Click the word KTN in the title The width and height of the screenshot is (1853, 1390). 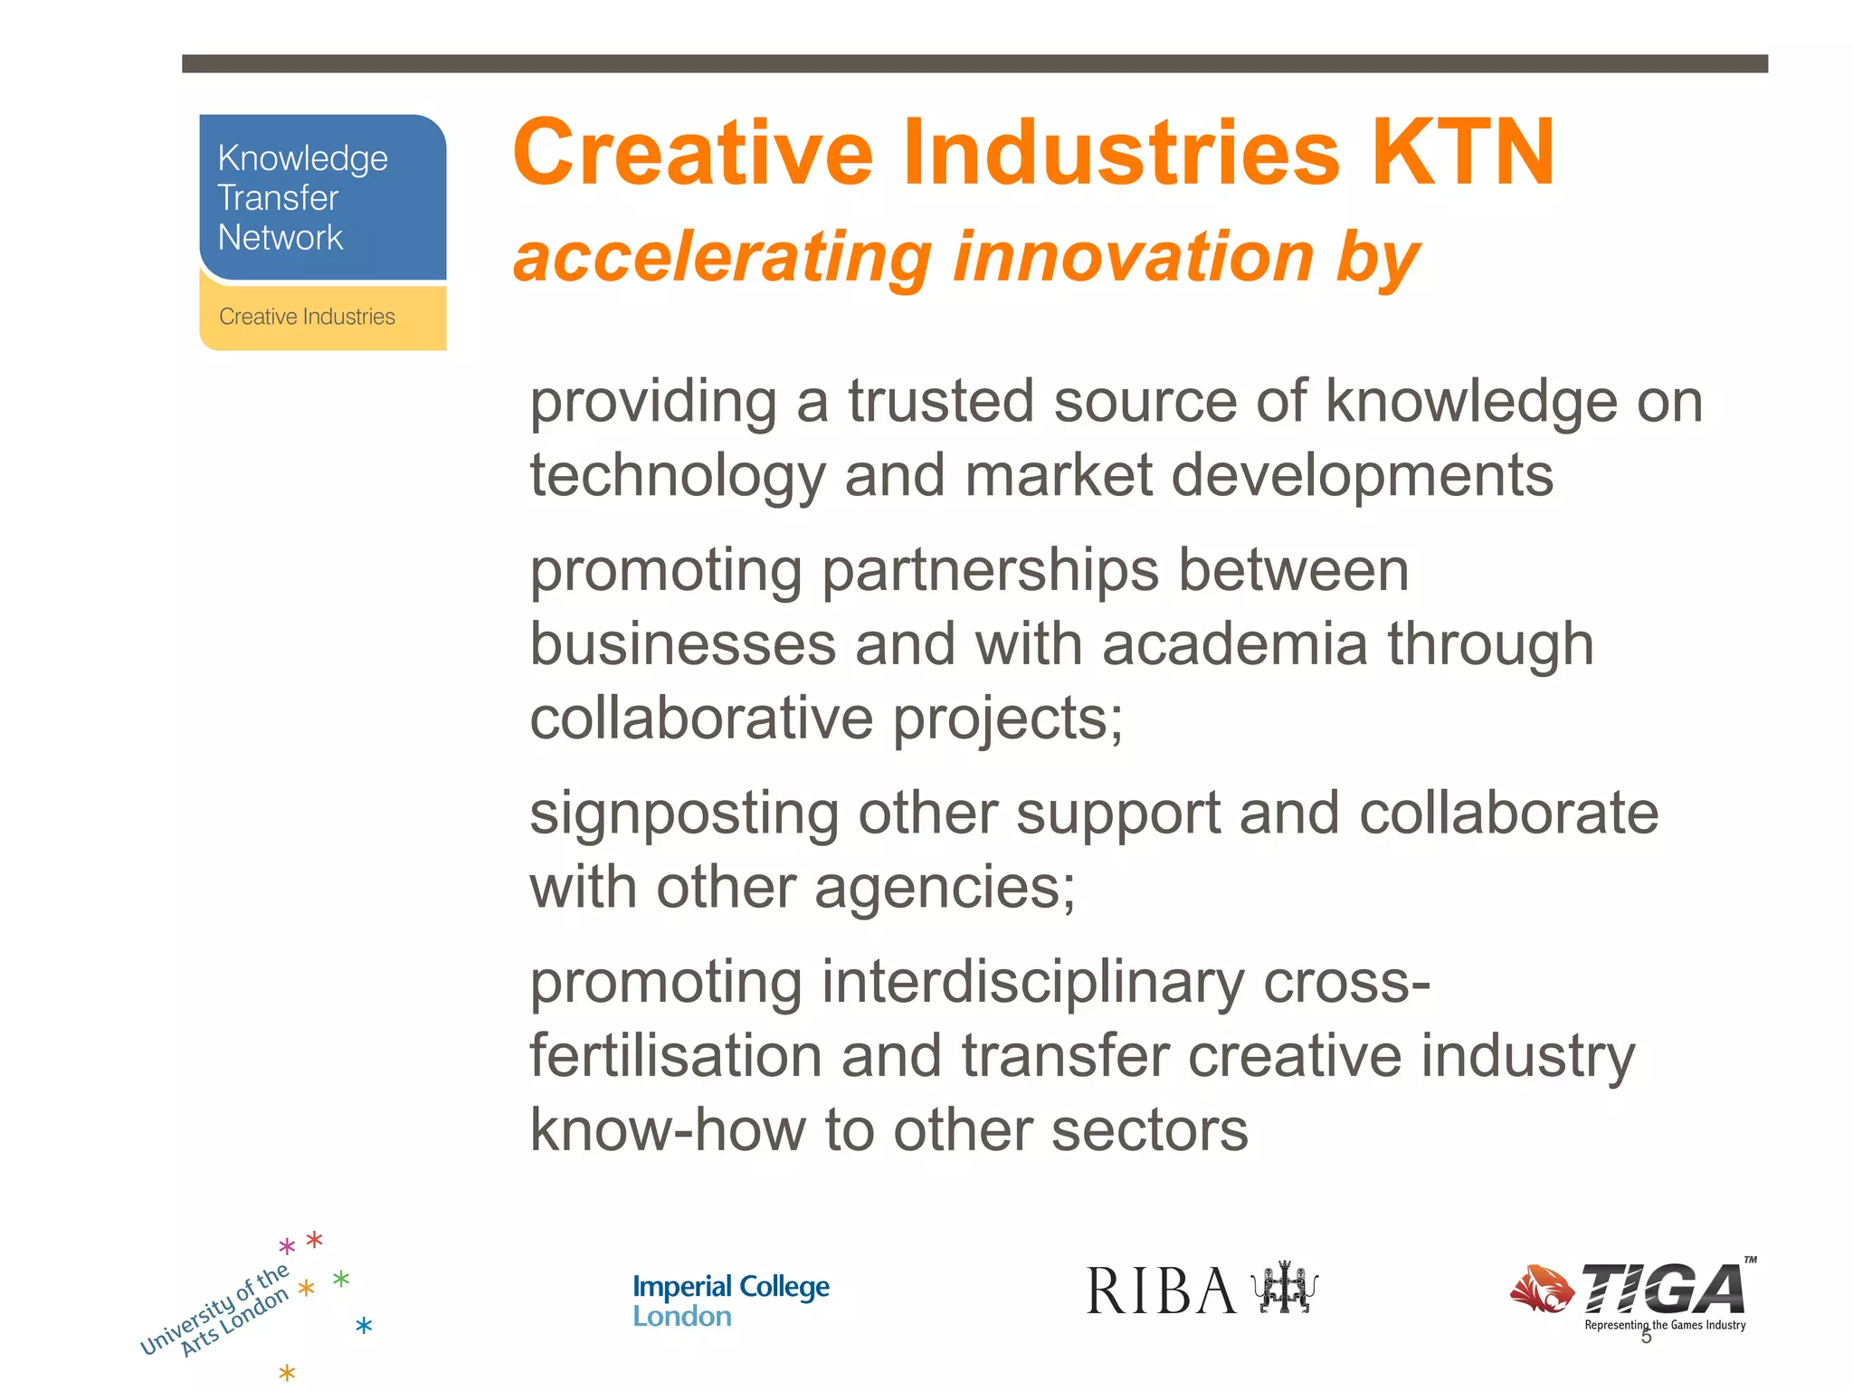[1463, 154]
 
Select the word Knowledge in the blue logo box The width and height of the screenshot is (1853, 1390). [302, 159]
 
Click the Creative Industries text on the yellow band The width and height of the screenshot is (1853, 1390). [307, 317]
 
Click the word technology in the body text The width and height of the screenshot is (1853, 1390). [678, 477]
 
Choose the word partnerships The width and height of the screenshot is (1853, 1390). [990, 571]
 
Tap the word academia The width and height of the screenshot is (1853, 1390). [1234, 644]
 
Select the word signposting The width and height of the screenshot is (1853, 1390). [684, 814]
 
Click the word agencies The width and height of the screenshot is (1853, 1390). [945, 888]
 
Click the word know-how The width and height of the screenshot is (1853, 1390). [668, 1130]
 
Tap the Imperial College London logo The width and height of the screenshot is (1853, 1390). [730, 1300]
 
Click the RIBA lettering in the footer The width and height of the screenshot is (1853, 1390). [1161, 1291]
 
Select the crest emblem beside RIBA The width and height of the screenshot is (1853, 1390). [1284, 1289]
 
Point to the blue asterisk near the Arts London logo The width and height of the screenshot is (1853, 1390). [364, 1327]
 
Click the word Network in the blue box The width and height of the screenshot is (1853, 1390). [280, 238]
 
